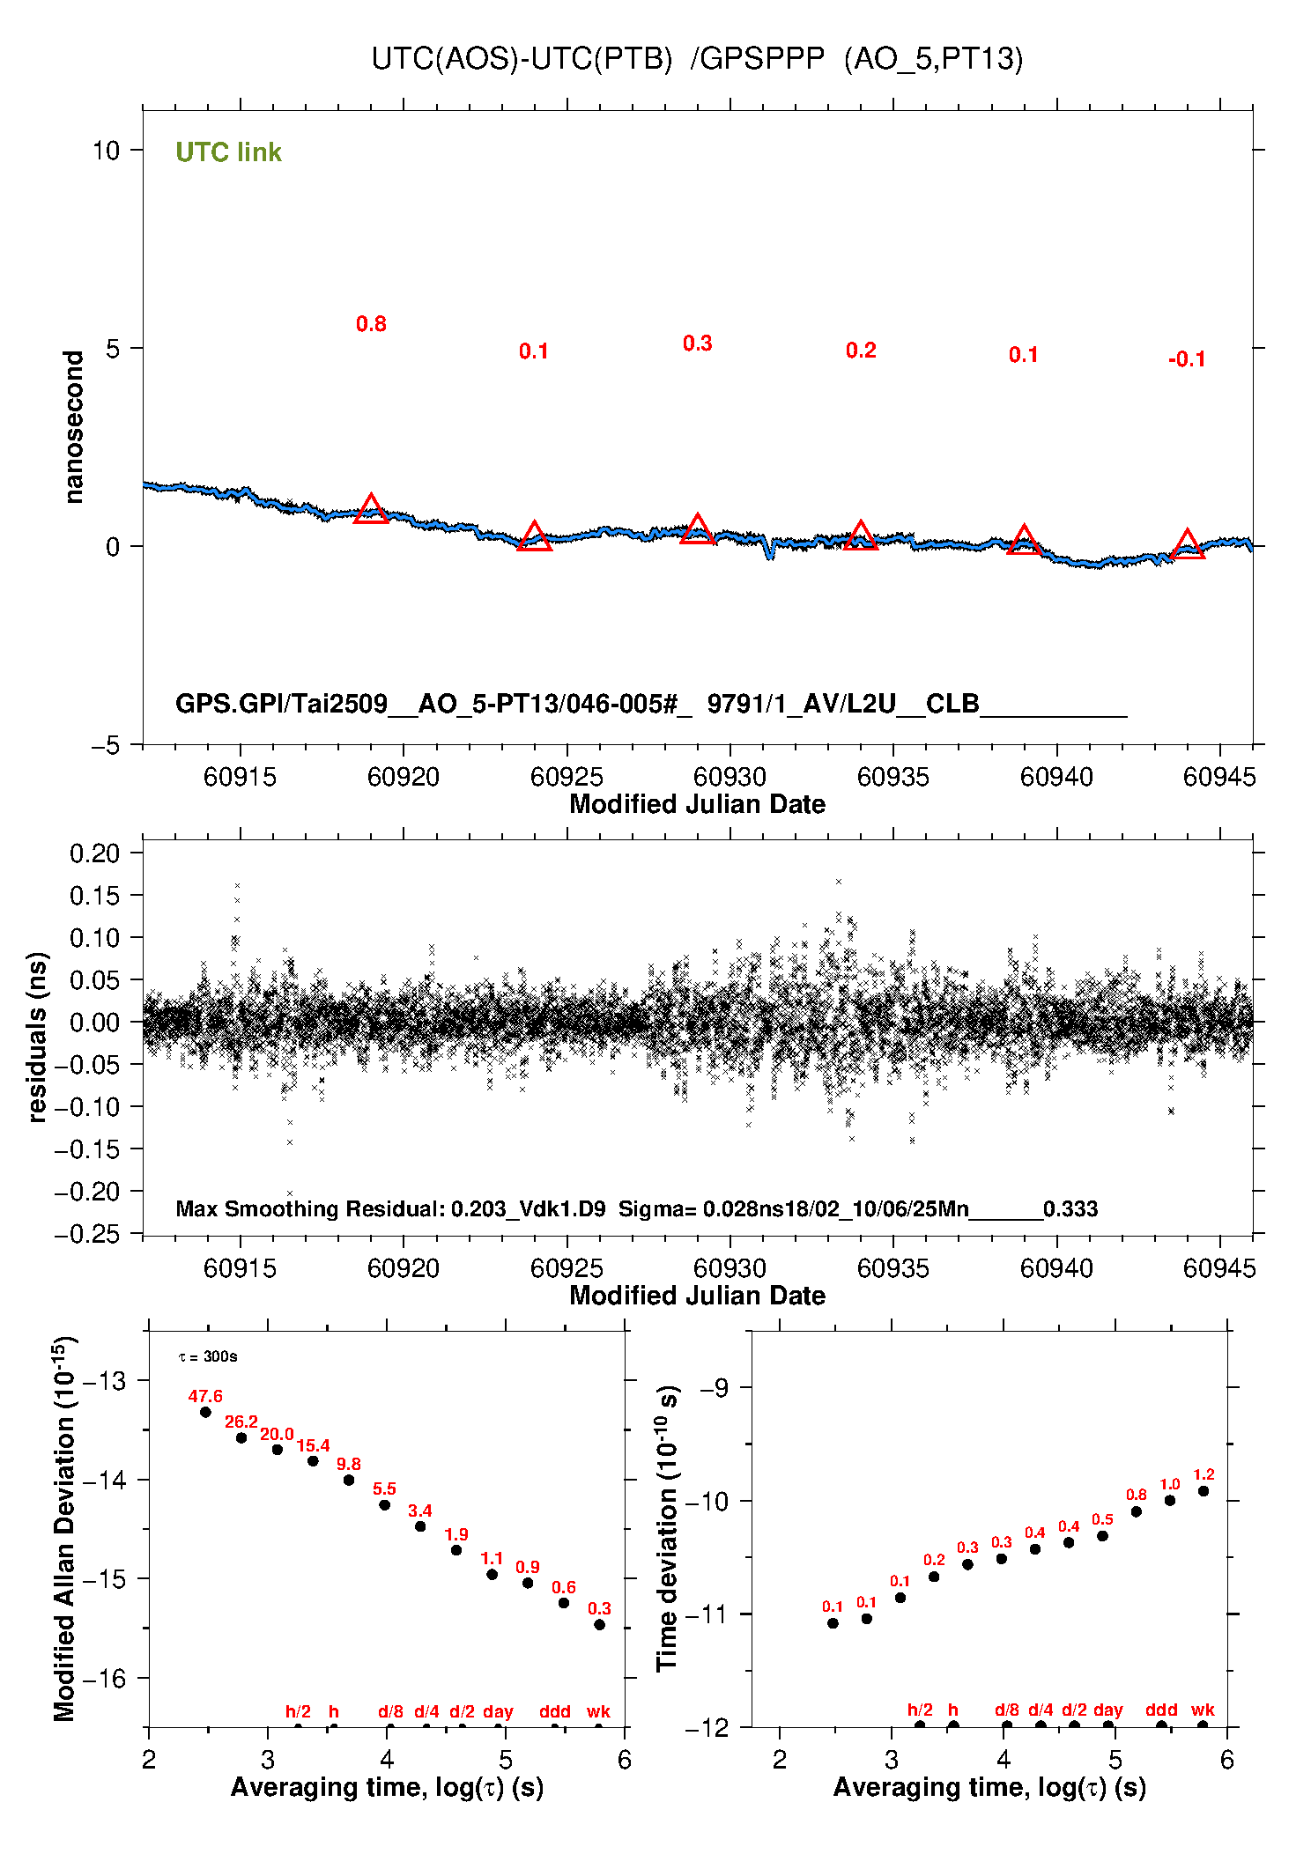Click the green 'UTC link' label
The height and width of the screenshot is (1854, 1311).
pos(228,152)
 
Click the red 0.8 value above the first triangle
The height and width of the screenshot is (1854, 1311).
pos(371,324)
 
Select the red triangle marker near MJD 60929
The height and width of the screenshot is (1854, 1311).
pos(697,529)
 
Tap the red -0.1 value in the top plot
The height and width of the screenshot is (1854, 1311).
pos(1186,359)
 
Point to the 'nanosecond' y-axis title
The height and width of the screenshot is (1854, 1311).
pos(74,426)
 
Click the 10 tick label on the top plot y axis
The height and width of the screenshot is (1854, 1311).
pos(106,151)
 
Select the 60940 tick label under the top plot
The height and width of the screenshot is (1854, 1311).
pos(1056,777)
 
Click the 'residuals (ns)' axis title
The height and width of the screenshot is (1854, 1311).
pos(37,1037)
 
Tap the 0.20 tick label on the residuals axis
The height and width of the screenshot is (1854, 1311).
pos(94,853)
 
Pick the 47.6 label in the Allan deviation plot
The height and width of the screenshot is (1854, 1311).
pos(205,1396)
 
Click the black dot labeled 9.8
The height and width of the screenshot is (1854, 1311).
pos(349,1480)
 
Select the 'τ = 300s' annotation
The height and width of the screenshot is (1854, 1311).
pos(208,1356)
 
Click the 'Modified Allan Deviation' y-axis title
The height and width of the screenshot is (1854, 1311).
pos(65,1528)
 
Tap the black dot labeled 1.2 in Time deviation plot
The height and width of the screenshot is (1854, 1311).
pos(1204,1491)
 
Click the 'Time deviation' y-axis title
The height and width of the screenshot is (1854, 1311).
pos(668,1528)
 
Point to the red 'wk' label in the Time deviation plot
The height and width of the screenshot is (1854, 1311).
pos(1203,1710)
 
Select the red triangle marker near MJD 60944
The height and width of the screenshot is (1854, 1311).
pos(1187,545)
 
